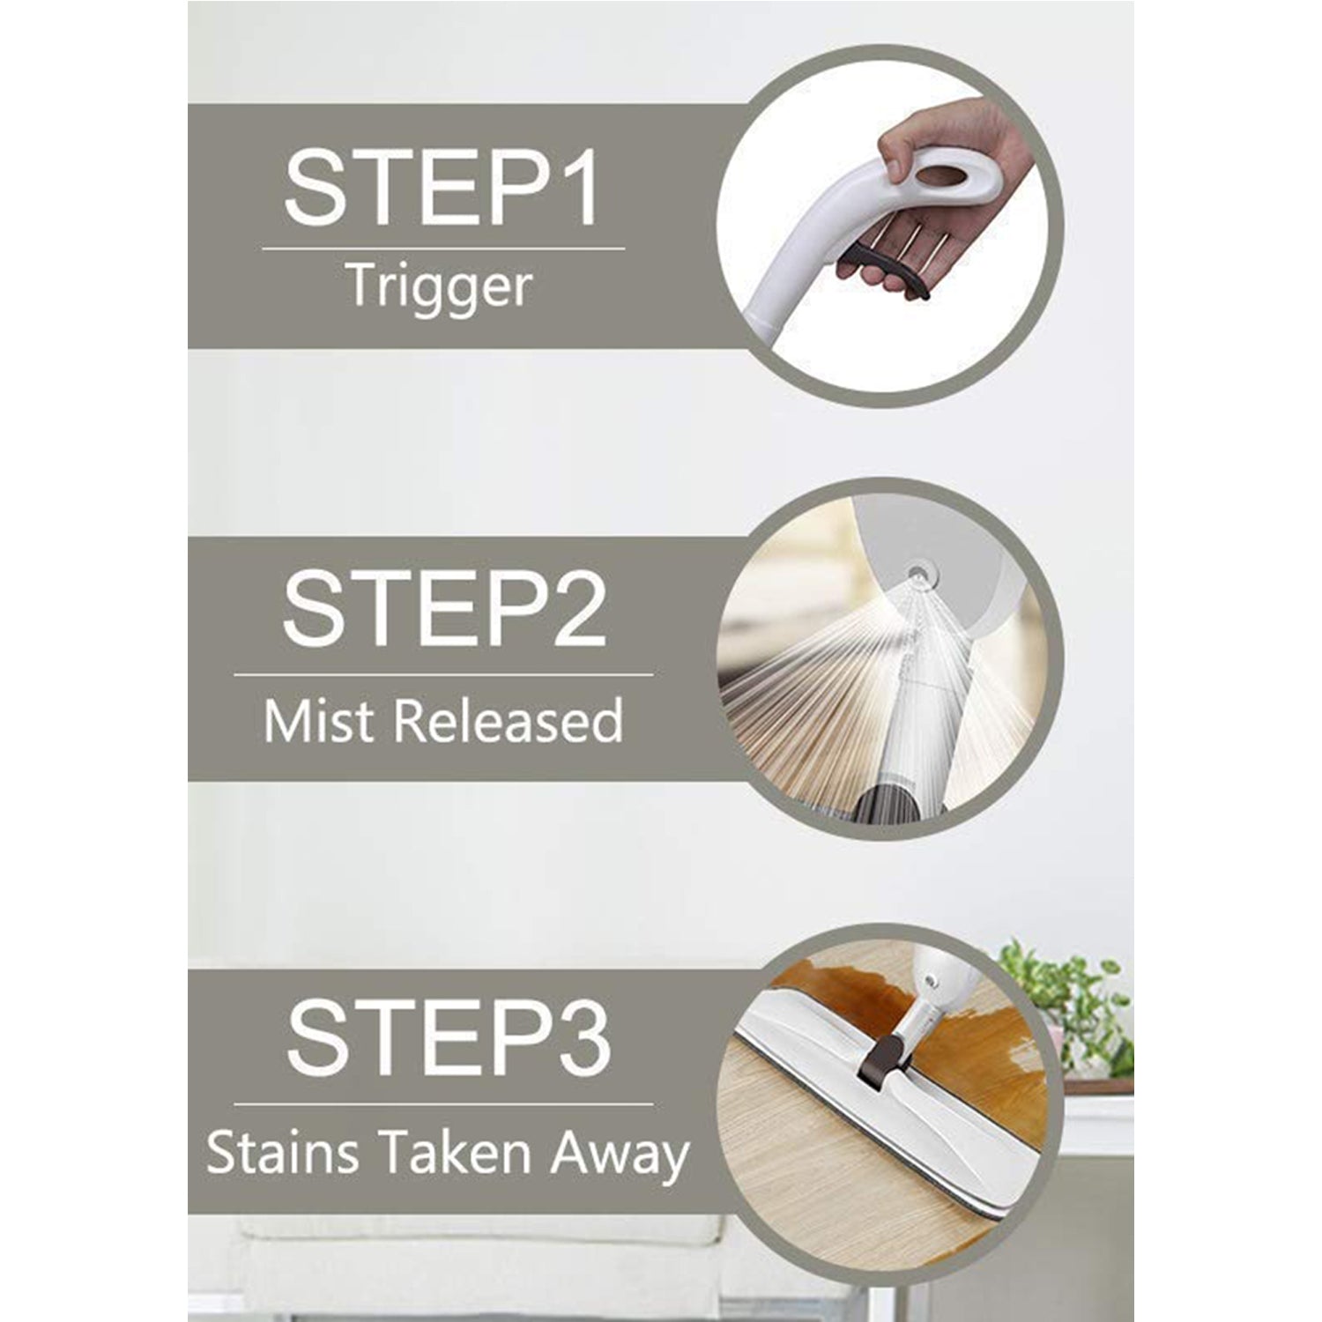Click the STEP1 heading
[x=442, y=188]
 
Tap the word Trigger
[x=439, y=287]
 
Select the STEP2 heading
[x=443, y=610]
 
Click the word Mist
[x=320, y=721]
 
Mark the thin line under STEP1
[x=443, y=249]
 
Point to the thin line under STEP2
[x=443, y=675]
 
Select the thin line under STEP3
[x=443, y=1103]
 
